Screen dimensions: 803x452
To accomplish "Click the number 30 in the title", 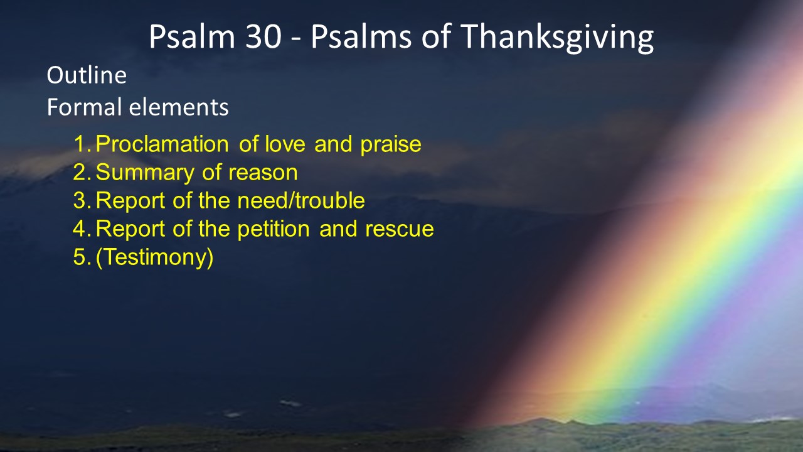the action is point(263,36).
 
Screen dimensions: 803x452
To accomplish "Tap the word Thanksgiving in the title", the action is point(557,39).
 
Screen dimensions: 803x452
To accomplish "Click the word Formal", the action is point(85,107).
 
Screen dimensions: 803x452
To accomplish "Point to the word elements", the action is point(179,107).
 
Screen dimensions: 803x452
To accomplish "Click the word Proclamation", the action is point(162,144).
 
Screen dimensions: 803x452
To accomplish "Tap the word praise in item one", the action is point(391,144).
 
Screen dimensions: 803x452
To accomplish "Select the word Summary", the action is point(145,173).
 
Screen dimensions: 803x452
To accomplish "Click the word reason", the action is point(263,173).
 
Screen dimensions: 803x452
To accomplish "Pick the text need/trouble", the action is point(301,200).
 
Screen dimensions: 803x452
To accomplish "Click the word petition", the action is point(274,229).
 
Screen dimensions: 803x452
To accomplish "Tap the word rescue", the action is point(400,230).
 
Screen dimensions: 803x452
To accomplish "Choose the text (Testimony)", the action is point(155,257).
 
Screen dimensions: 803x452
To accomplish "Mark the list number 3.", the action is point(82,200).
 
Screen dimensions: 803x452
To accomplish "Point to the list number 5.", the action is point(82,257).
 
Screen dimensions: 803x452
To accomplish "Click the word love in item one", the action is point(285,144).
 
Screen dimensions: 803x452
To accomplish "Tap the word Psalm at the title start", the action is point(192,36).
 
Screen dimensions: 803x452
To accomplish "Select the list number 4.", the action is point(82,229).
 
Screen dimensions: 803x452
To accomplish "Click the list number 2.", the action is point(82,172).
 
